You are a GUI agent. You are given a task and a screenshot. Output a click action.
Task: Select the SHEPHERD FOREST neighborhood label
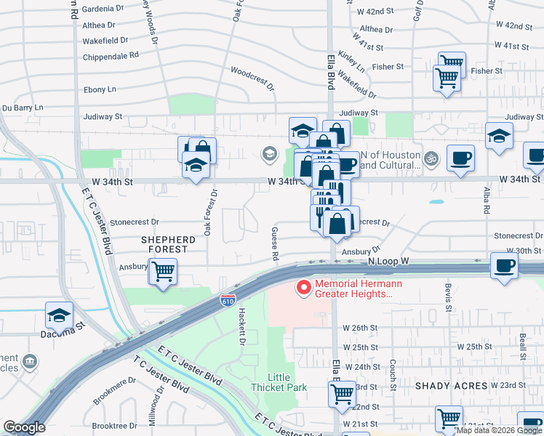[x=168, y=244]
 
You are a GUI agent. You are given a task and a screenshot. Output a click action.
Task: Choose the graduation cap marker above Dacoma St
[x=59, y=315]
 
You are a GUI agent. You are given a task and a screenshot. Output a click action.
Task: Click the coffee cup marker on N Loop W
[x=503, y=265]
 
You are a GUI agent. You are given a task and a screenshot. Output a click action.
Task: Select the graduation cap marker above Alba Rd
[x=499, y=136]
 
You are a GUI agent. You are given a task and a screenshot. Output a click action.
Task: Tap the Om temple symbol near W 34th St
[x=430, y=156]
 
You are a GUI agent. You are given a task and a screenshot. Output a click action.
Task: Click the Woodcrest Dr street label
[x=252, y=79]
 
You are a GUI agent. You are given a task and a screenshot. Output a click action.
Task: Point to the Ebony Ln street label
[x=101, y=89]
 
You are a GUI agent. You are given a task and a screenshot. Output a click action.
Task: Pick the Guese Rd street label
[x=275, y=243]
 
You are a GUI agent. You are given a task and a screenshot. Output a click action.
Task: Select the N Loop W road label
[x=389, y=260]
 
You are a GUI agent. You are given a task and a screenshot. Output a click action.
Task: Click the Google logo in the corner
[x=24, y=427]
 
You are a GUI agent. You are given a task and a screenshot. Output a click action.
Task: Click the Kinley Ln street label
[x=351, y=62]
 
